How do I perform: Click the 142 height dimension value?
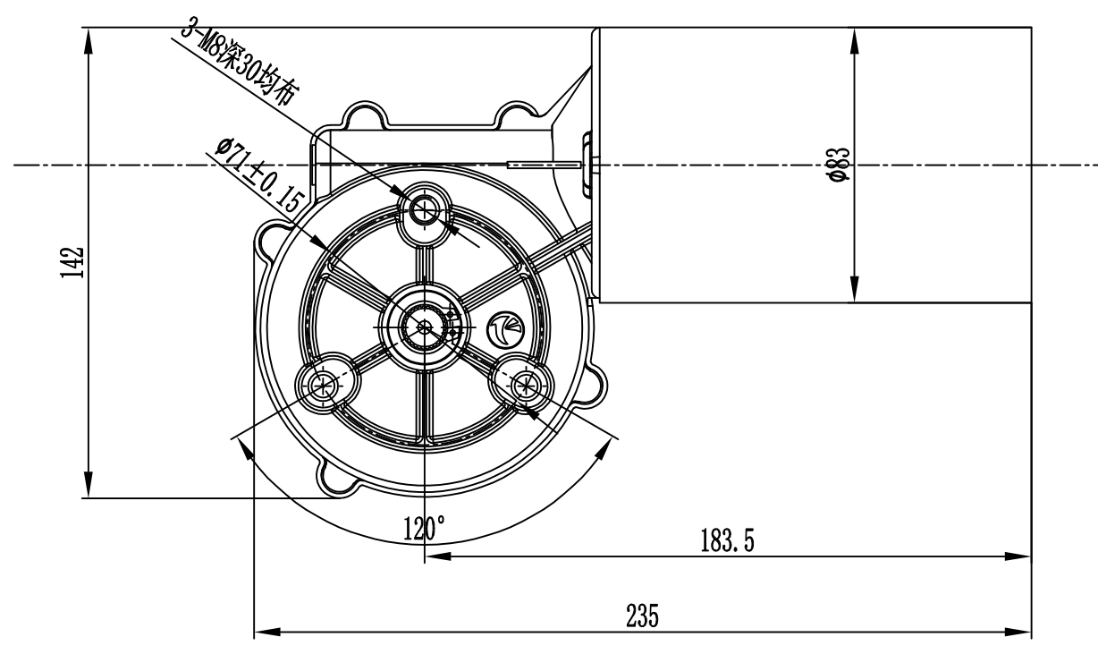(72, 262)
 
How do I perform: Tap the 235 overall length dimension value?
(642, 616)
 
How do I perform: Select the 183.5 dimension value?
(727, 540)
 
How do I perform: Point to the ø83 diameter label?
(837, 165)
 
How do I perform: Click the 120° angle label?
(424, 528)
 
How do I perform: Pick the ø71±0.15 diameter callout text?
(258, 174)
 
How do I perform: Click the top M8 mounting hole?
(425, 211)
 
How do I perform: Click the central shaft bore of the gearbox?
(425, 327)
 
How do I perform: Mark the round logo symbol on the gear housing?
(505, 330)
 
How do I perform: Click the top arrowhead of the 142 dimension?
(89, 40)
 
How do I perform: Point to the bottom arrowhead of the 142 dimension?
(89, 485)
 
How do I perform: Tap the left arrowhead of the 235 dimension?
(267, 632)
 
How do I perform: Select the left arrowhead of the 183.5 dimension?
(438, 556)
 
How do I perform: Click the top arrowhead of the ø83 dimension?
(855, 40)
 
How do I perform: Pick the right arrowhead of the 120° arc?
(604, 448)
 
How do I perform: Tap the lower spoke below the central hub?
(425, 404)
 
